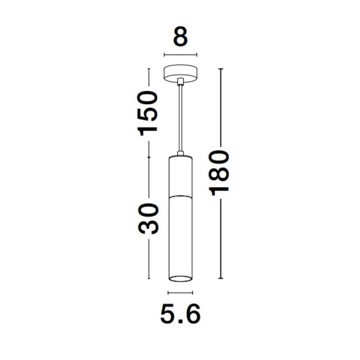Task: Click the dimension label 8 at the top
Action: (x=181, y=37)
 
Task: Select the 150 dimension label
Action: (x=147, y=113)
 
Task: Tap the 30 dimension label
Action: (x=148, y=219)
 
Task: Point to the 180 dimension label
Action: (x=219, y=173)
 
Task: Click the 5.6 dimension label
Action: (x=181, y=314)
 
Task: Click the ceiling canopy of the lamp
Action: (x=181, y=73)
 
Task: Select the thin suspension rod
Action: (x=181, y=118)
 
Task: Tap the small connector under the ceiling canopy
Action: (x=181, y=82)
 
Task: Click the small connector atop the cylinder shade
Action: (x=181, y=154)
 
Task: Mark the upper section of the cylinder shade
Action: (x=181, y=176)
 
